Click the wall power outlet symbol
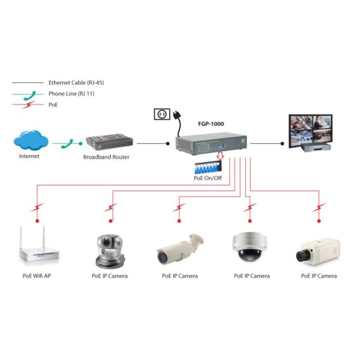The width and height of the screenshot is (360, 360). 161,115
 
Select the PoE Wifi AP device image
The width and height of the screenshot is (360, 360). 37,247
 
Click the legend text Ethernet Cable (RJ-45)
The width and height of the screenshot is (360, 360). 76,83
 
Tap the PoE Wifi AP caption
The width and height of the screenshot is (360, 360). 37,276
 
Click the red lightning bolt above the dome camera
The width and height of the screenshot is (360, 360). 248,209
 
